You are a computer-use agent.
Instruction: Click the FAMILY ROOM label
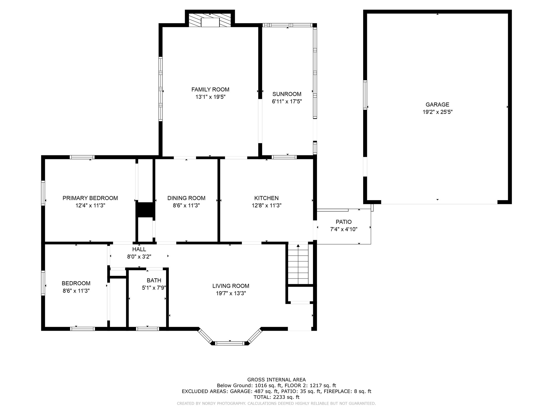[210, 89]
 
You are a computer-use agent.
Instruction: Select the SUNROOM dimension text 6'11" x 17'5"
[287, 102]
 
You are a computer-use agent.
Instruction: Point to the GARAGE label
[437, 105]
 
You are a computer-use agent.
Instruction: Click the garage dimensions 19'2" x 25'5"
[437, 112]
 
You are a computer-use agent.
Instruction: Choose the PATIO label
[344, 222]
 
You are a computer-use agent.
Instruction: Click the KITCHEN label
[267, 198]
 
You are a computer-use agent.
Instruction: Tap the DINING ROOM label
[186, 198]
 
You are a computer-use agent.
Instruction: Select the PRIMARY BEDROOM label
[90, 198]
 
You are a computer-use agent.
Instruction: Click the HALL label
[139, 249]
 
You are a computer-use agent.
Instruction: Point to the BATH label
[154, 280]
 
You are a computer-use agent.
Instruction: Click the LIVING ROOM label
[231, 286]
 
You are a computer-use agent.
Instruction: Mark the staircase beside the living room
[298, 264]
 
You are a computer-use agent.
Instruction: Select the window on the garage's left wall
[365, 95]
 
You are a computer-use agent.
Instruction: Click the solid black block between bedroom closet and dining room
[145, 210]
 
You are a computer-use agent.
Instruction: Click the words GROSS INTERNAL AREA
[276, 380]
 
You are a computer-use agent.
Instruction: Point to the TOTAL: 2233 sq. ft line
[276, 397]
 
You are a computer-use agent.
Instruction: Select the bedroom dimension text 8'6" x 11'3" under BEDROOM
[76, 291]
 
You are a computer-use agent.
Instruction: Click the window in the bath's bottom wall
[147, 329]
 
